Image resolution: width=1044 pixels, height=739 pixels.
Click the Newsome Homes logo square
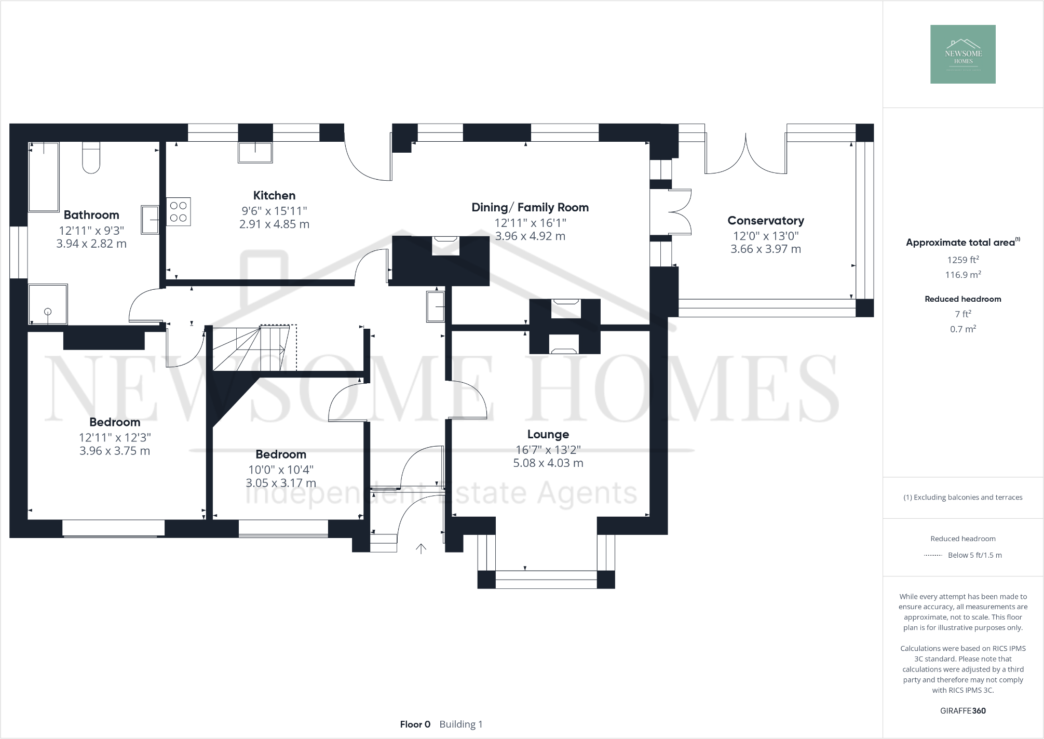click(x=962, y=54)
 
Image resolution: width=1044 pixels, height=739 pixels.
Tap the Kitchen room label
click(x=274, y=196)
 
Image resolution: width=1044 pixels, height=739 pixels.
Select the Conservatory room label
click(x=766, y=221)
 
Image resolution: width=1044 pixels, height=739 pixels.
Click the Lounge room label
click(x=548, y=435)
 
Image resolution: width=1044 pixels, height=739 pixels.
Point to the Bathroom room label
click(x=91, y=215)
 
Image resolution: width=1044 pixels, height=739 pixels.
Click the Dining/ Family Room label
click(x=530, y=208)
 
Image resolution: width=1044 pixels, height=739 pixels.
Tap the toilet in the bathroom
click(x=91, y=158)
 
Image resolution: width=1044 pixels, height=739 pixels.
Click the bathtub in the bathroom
click(x=44, y=177)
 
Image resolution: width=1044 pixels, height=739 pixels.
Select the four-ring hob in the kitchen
click(x=178, y=211)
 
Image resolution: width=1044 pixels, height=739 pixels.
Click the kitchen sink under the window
click(x=255, y=152)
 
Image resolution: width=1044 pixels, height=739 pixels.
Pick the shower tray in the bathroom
click(x=48, y=304)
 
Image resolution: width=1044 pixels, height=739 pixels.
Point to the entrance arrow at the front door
click(x=421, y=548)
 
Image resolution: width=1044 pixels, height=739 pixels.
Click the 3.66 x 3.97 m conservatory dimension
click(x=766, y=249)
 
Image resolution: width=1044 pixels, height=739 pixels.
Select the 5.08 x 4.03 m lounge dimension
click(x=548, y=463)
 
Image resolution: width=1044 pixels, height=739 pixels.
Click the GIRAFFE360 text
click(x=962, y=711)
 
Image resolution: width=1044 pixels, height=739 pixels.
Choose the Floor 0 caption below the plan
click(x=415, y=724)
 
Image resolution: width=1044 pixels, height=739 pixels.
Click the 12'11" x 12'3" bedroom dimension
click(x=115, y=438)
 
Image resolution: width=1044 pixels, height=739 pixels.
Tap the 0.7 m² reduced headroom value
click(x=963, y=329)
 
